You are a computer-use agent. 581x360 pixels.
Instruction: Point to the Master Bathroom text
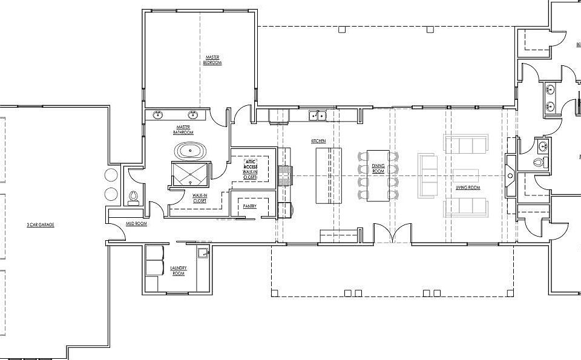click(183, 129)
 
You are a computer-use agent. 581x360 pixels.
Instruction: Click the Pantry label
click(249, 206)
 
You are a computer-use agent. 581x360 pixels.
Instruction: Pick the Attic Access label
click(250, 165)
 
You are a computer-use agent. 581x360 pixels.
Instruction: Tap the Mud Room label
click(136, 224)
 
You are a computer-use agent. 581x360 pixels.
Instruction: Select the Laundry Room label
click(179, 270)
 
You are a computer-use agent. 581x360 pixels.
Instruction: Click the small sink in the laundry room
click(203, 254)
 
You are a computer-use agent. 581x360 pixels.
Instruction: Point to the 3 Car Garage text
click(41, 224)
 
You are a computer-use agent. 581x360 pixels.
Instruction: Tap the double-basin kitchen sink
click(317, 115)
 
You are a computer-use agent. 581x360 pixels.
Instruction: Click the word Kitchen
click(318, 141)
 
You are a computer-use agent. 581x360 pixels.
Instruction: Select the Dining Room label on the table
click(378, 168)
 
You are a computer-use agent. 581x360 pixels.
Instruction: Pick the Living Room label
click(468, 188)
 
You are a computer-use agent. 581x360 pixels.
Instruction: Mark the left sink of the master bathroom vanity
click(159, 114)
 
